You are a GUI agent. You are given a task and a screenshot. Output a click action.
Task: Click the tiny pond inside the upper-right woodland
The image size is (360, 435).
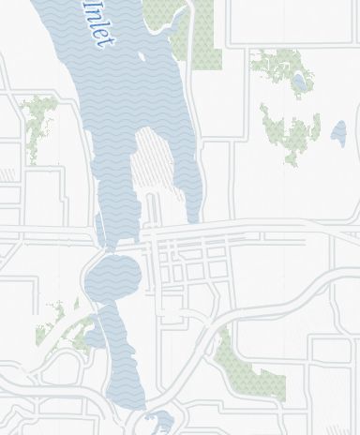coord(299,82)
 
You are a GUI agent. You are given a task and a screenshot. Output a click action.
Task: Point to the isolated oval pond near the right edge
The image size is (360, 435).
coord(338,133)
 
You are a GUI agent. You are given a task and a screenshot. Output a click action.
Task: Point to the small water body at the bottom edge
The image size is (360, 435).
coord(160,421)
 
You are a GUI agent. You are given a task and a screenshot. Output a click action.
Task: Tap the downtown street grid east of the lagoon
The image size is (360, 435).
coord(187,262)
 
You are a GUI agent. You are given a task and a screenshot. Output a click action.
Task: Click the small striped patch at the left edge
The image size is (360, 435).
coord(7,175)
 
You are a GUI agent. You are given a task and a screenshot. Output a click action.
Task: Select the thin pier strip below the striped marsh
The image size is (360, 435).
coord(151,211)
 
